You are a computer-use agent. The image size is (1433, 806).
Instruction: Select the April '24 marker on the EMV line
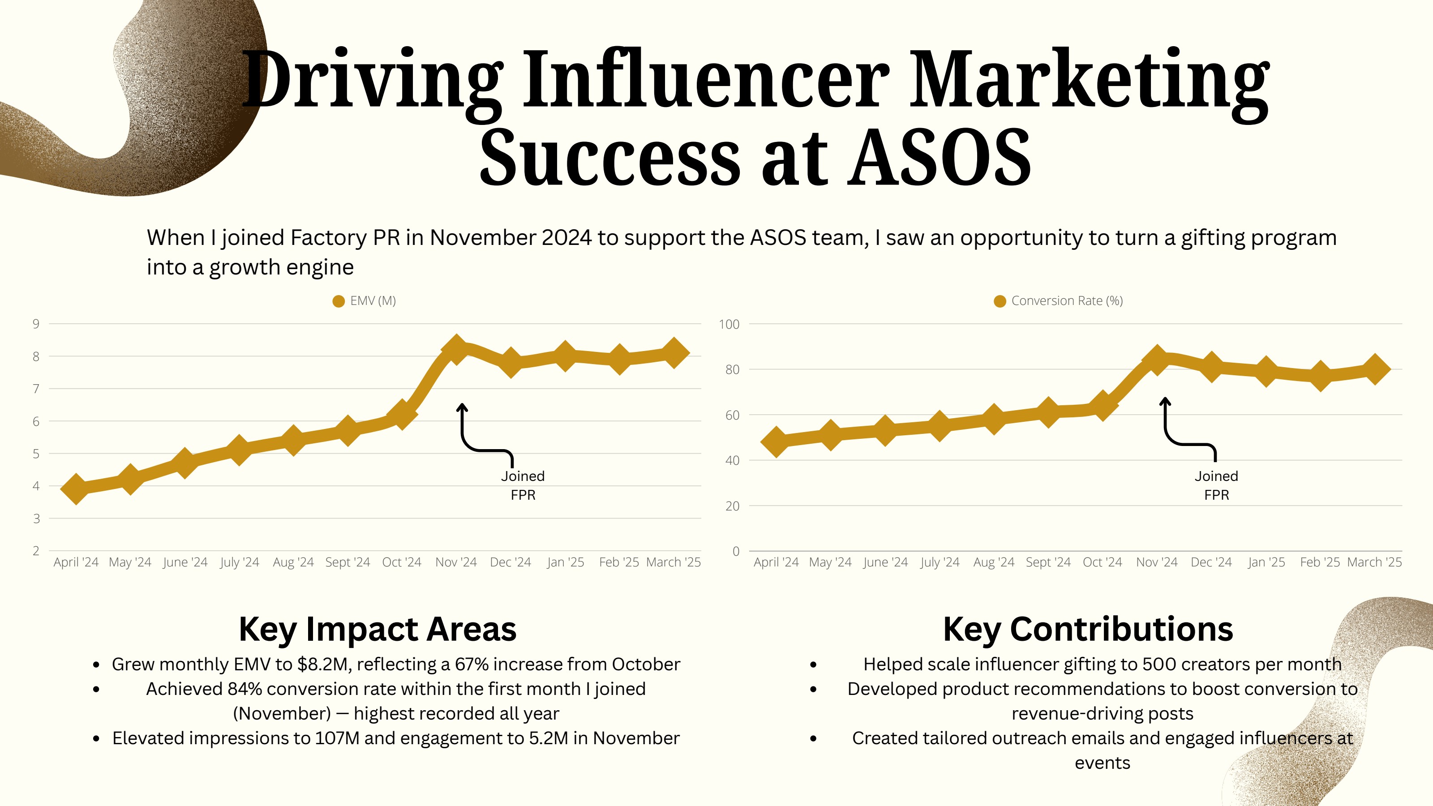pyautogui.click(x=76, y=489)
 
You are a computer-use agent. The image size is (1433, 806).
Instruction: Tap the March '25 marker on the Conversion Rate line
pyautogui.click(x=1375, y=369)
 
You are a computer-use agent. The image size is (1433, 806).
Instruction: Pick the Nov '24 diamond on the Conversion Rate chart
pyautogui.click(x=1157, y=359)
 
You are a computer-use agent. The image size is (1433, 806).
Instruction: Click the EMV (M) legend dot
pyautogui.click(x=338, y=301)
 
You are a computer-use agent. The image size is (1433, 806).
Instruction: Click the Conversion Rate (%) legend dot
pyautogui.click(x=1000, y=301)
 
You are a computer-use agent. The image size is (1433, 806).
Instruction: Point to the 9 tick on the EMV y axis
pyautogui.click(x=36, y=324)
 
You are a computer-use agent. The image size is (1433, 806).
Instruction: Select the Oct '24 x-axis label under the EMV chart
pyautogui.click(x=402, y=562)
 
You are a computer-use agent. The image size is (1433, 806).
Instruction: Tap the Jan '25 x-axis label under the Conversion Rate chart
pyautogui.click(x=1266, y=562)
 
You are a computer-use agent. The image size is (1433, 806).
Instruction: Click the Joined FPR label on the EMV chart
pyautogui.click(x=523, y=485)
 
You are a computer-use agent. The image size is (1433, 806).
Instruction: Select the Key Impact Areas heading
pyautogui.click(x=378, y=629)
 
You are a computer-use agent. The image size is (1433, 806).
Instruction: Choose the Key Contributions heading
pyautogui.click(x=1088, y=629)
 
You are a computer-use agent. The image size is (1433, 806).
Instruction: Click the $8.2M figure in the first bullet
pyautogui.click(x=324, y=664)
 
